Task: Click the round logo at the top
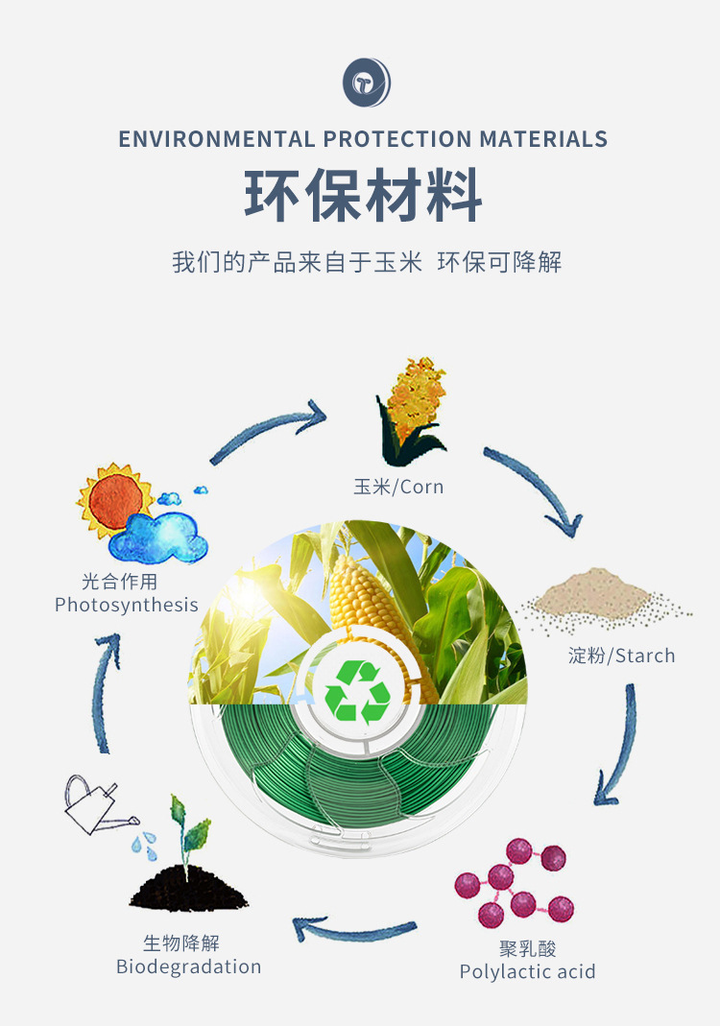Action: [x=367, y=82]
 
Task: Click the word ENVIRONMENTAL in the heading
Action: [x=216, y=139]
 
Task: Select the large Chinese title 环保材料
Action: [x=363, y=197]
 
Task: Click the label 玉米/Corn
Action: [x=398, y=487]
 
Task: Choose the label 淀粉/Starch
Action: [x=621, y=656]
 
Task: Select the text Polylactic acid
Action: [x=527, y=971]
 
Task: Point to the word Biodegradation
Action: [x=188, y=966]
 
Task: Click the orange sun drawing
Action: [x=113, y=499]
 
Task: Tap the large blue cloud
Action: [x=158, y=537]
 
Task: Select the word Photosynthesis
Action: [x=126, y=605]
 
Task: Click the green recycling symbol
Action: [x=357, y=691]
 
